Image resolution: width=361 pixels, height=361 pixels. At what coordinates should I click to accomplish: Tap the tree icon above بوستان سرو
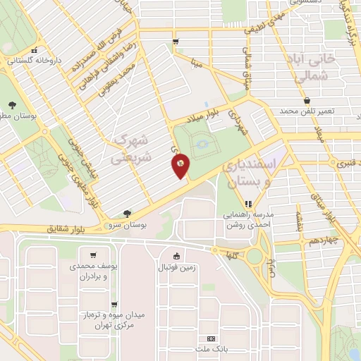point(127,212)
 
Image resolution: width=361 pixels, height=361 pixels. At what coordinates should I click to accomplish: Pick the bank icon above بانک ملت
point(208,338)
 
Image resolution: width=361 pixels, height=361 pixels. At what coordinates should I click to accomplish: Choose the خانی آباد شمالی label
point(305,66)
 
